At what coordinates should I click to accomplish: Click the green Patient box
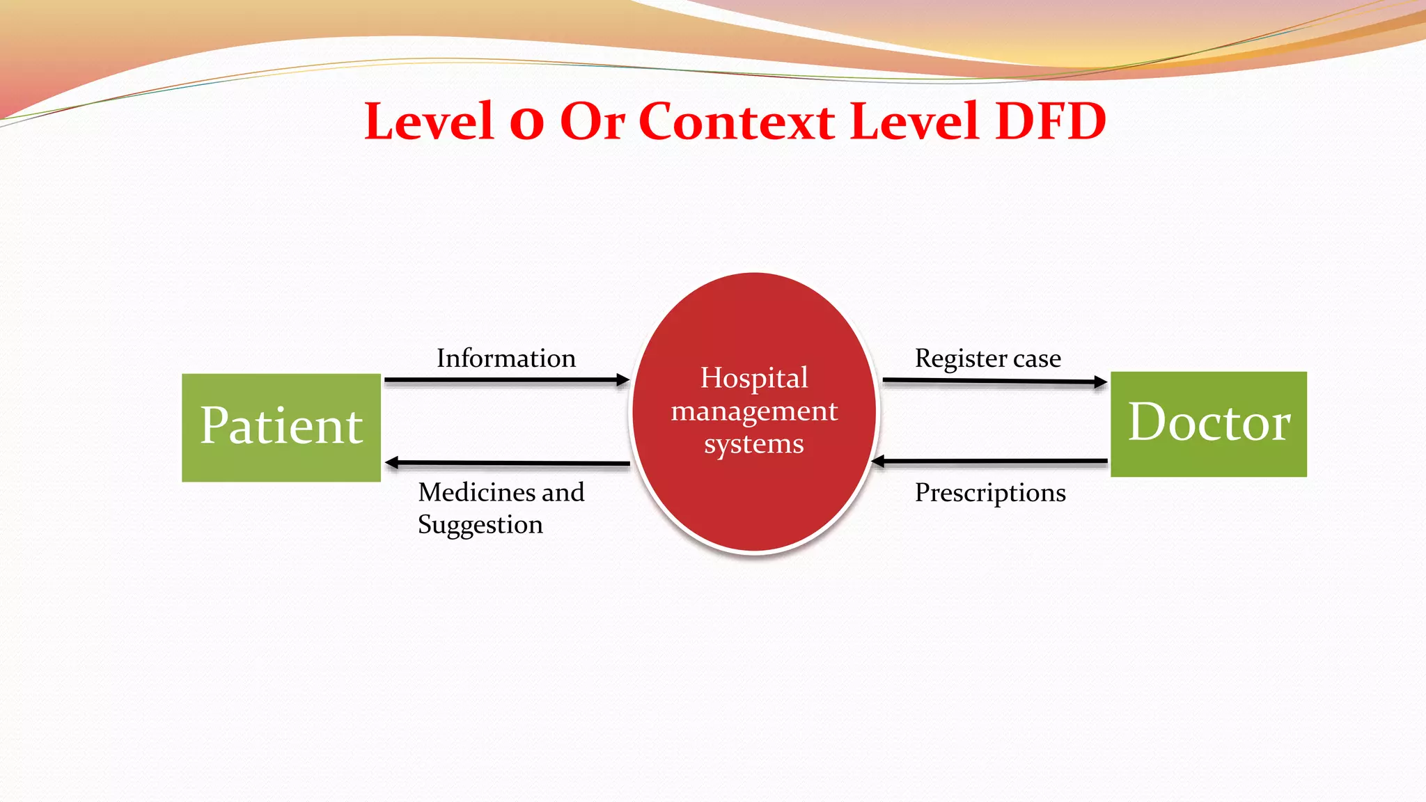tap(281, 427)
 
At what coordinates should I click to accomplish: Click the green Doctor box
tap(1208, 424)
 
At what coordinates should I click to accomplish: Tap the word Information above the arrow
tap(506, 359)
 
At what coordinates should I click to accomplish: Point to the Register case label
tap(987, 359)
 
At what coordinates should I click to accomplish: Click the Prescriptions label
tap(989, 493)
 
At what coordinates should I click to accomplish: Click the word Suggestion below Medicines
tap(480, 525)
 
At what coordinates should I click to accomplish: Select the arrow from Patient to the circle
tap(506, 380)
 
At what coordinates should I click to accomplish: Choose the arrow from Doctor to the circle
tap(989, 461)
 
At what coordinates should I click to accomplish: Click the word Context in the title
tap(736, 121)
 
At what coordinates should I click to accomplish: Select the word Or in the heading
tap(592, 121)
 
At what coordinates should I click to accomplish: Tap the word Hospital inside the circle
tap(754, 378)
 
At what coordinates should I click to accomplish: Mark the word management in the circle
tap(754, 411)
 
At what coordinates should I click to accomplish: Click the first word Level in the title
tap(429, 121)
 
